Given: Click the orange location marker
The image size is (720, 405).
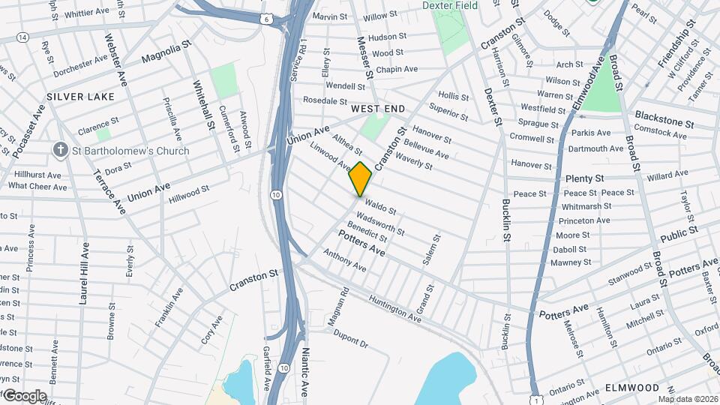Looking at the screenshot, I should pyautogui.click(x=361, y=179).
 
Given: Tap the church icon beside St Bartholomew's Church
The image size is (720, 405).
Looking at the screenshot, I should pyautogui.click(x=60, y=150).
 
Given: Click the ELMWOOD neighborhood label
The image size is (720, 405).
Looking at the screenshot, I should pyautogui.click(x=633, y=388).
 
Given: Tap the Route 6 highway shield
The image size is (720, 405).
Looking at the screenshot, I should pyautogui.click(x=267, y=18).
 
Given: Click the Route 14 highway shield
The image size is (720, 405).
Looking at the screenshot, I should pyautogui.click(x=22, y=37).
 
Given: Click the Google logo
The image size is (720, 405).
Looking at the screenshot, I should pyautogui.click(x=24, y=396).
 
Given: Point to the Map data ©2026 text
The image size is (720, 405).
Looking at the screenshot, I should pyautogui.click(x=687, y=399).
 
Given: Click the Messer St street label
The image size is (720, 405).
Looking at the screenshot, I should pyautogui.click(x=365, y=58).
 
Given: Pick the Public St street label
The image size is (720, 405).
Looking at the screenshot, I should pyautogui.click(x=679, y=234).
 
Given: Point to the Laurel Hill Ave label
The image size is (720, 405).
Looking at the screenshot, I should pyautogui.click(x=85, y=273).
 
